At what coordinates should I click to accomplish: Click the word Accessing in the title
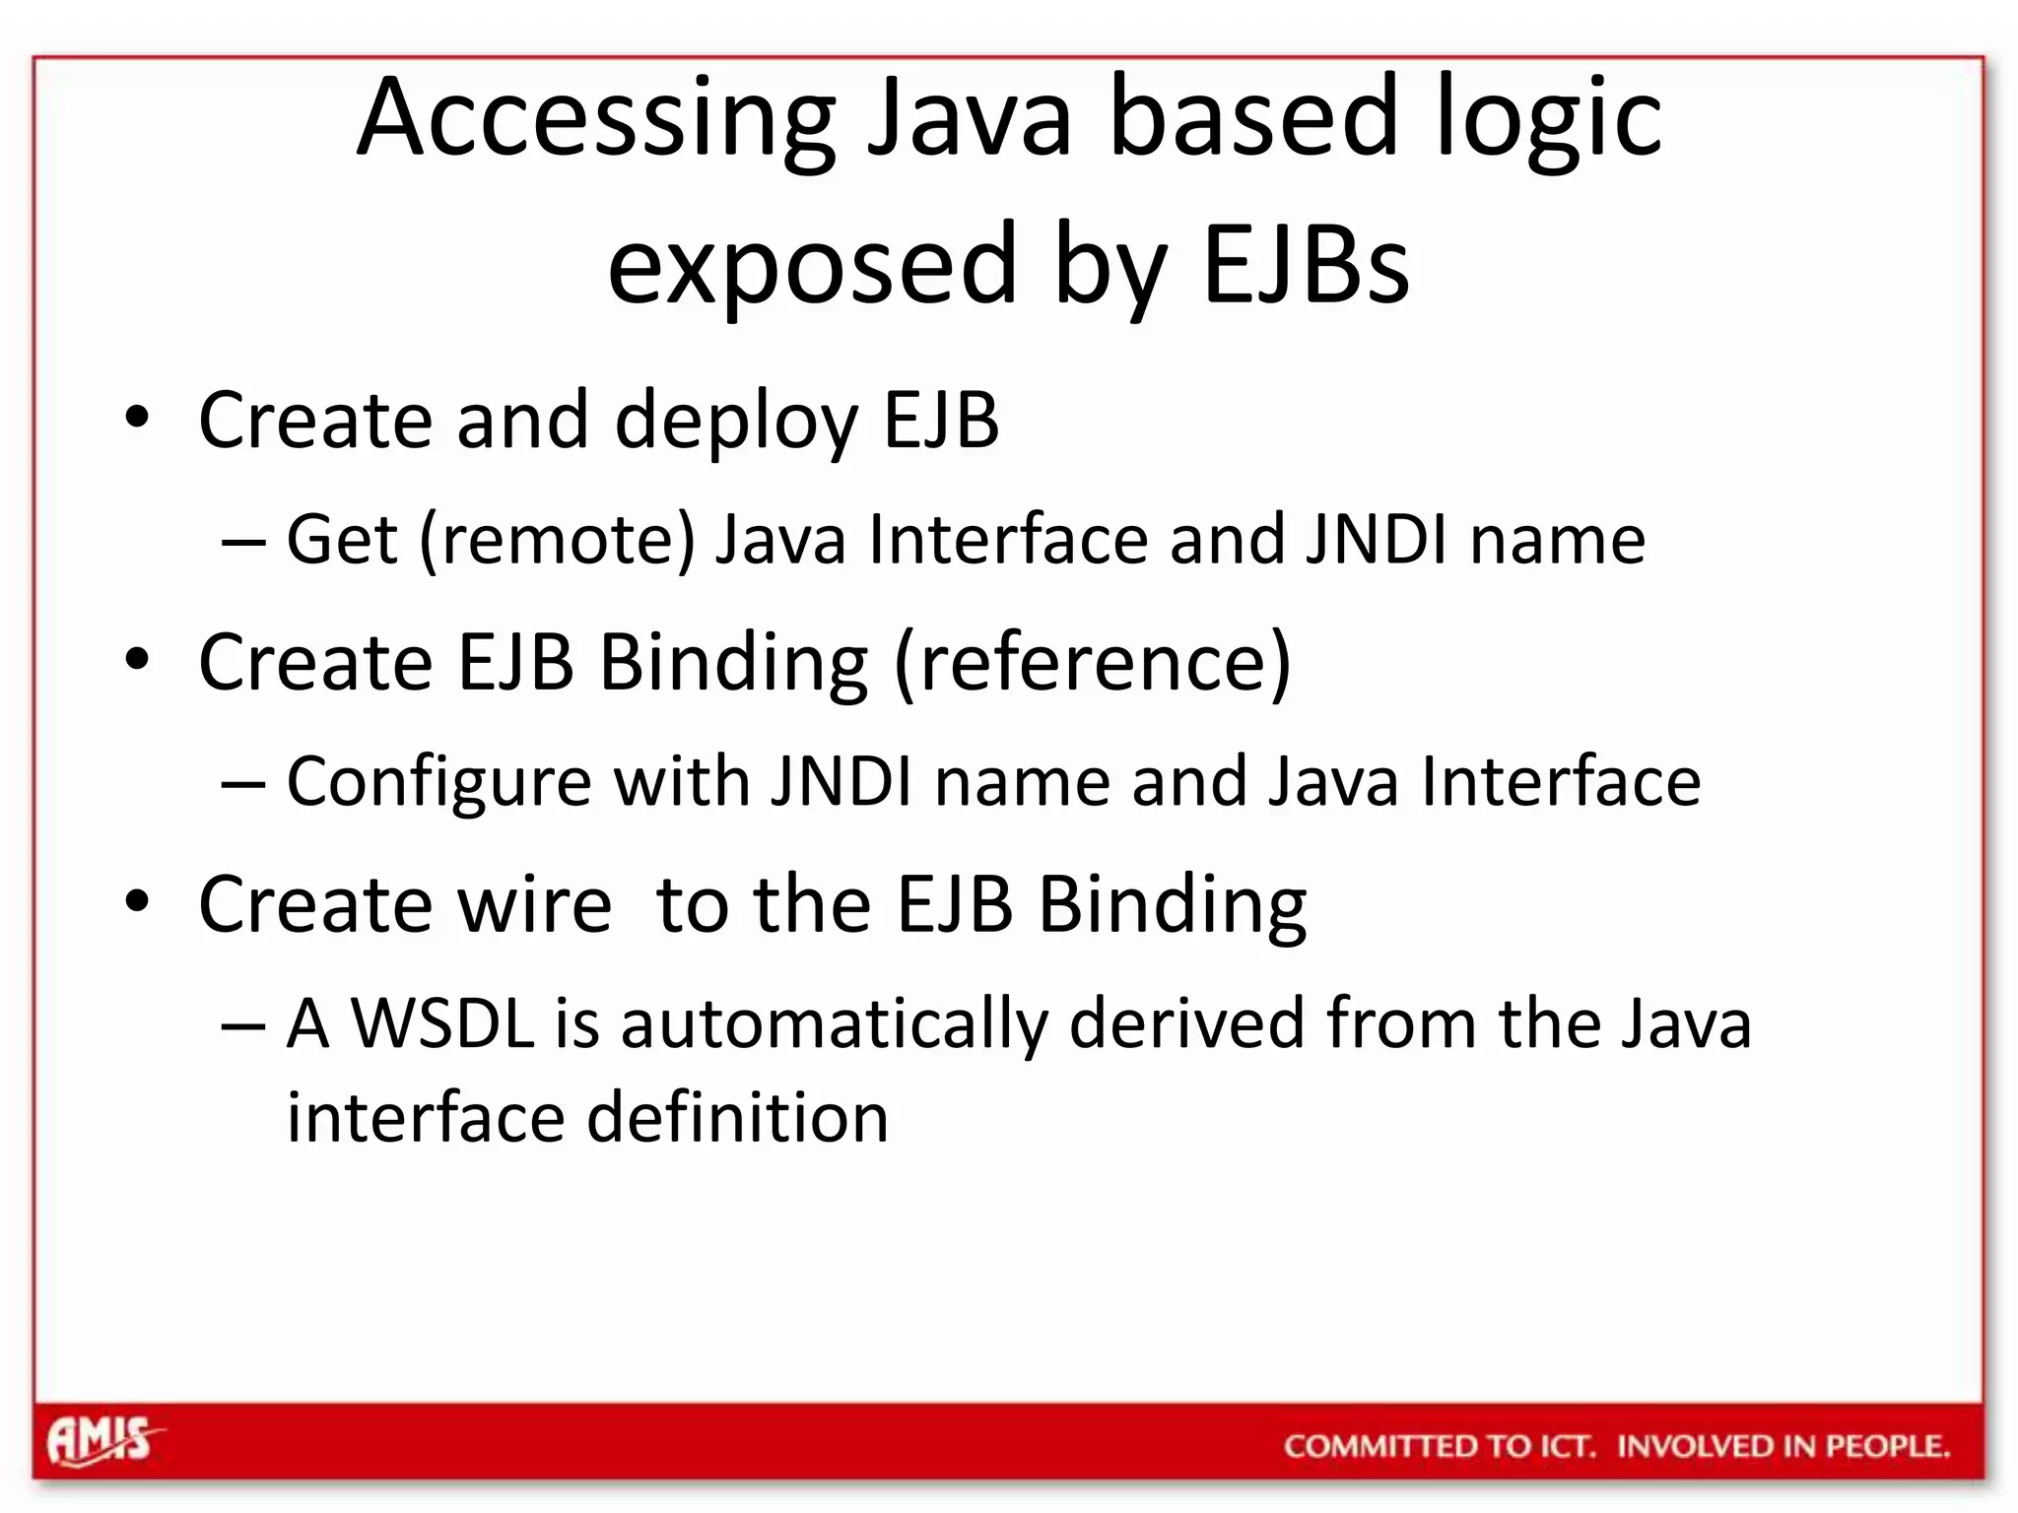click(x=595, y=120)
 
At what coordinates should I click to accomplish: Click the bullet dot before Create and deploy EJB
click(x=137, y=418)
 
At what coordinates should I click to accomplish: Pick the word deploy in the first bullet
click(x=736, y=422)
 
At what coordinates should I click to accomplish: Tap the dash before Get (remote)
click(x=243, y=542)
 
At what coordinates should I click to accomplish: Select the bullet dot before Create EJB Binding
click(x=137, y=659)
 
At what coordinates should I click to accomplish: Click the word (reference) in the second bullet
click(x=1092, y=662)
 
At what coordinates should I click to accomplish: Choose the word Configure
click(x=438, y=783)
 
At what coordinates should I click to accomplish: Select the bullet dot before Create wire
click(x=137, y=901)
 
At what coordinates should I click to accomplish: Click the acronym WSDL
click(x=442, y=1023)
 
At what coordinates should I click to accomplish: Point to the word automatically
click(x=834, y=1025)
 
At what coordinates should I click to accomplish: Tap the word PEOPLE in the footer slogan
click(x=1887, y=1446)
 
